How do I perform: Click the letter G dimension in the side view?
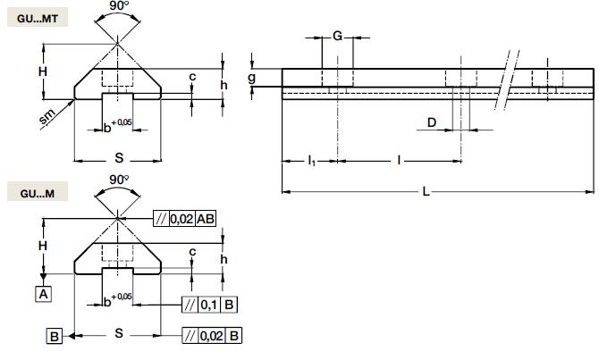337,36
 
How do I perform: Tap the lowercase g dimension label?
253,79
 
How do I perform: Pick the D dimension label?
433,122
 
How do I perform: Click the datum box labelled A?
42,292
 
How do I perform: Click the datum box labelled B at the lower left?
55,336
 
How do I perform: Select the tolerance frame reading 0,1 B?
208,305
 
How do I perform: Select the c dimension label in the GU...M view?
192,252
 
